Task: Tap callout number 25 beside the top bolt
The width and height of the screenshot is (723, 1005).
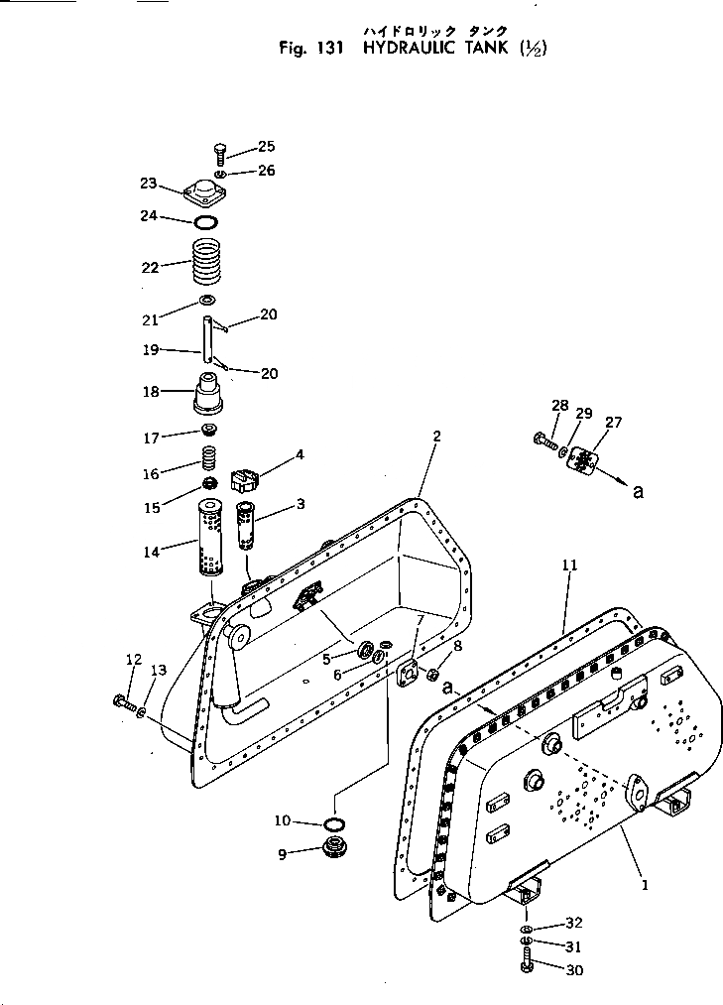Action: (267, 147)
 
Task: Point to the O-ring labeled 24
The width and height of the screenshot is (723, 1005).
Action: (206, 222)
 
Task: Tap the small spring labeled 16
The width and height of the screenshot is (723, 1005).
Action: (209, 460)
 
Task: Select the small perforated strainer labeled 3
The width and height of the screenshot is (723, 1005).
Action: (246, 526)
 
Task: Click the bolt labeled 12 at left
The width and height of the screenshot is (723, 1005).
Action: (124, 703)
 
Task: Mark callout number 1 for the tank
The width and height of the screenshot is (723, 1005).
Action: (645, 885)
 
